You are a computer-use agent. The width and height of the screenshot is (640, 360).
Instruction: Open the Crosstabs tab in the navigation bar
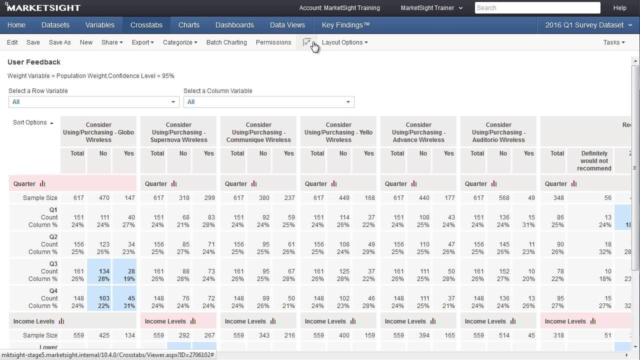pos(146,25)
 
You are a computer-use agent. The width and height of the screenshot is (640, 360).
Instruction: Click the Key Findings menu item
pos(345,25)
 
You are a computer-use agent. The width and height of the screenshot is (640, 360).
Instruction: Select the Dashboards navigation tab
pos(234,25)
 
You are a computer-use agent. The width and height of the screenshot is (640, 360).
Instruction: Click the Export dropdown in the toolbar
pos(142,42)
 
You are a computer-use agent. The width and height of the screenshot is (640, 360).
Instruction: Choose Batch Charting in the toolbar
pos(226,42)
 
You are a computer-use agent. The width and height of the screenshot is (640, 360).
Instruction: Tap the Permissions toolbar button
pos(273,42)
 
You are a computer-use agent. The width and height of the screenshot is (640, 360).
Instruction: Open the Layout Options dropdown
pos(344,42)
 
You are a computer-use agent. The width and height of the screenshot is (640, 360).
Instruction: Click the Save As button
pos(59,42)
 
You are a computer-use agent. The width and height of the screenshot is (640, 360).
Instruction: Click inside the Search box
pos(537,8)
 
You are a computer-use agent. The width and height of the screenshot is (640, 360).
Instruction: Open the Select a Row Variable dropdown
pos(93,102)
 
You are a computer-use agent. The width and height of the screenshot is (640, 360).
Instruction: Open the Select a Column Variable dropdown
pos(268,102)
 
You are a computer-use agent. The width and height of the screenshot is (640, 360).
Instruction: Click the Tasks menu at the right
pos(613,42)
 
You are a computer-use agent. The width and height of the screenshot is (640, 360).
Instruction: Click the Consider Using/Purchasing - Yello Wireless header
pos(338,132)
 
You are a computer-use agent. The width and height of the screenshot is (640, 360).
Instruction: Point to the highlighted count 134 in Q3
pos(103,271)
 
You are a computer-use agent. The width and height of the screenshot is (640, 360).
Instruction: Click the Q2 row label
pos(53,237)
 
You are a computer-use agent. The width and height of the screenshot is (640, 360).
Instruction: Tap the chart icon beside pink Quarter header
pos(42,184)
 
